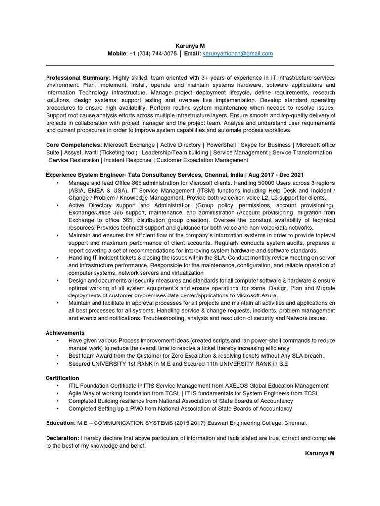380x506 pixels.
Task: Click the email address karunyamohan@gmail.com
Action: point(238,54)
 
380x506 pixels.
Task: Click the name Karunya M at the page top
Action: point(190,45)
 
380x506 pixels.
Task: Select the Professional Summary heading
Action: point(79,78)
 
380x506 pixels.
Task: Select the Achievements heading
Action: point(65,333)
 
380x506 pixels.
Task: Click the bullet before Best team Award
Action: point(58,356)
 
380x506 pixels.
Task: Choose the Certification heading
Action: point(62,378)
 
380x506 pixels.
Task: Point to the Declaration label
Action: point(62,438)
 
